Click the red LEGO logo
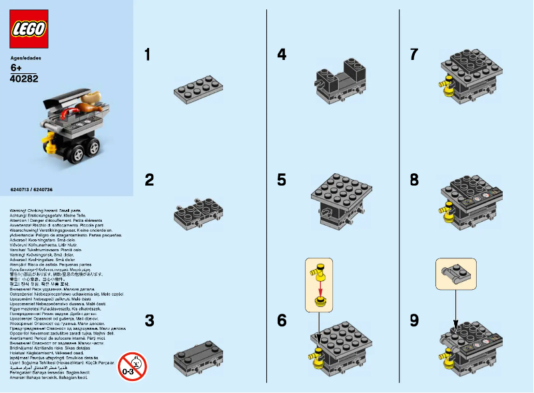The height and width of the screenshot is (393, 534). click(x=29, y=29)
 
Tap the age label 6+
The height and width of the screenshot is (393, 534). click(x=17, y=68)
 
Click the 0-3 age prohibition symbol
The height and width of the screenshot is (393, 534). click(x=132, y=366)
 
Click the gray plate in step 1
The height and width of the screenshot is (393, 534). click(x=198, y=90)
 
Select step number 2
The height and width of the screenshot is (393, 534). click(x=149, y=179)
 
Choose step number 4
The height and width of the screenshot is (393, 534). click(x=282, y=55)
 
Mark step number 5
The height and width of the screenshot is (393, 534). click(x=282, y=179)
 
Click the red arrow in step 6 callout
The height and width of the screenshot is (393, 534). click(x=320, y=286)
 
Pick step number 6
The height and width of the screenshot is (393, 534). click(x=282, y=320)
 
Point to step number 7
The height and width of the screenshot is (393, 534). click(x=414, y=55)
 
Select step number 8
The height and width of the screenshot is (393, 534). click(x=414, y=179)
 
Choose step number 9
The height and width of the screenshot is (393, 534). click(x=414, y=320)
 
